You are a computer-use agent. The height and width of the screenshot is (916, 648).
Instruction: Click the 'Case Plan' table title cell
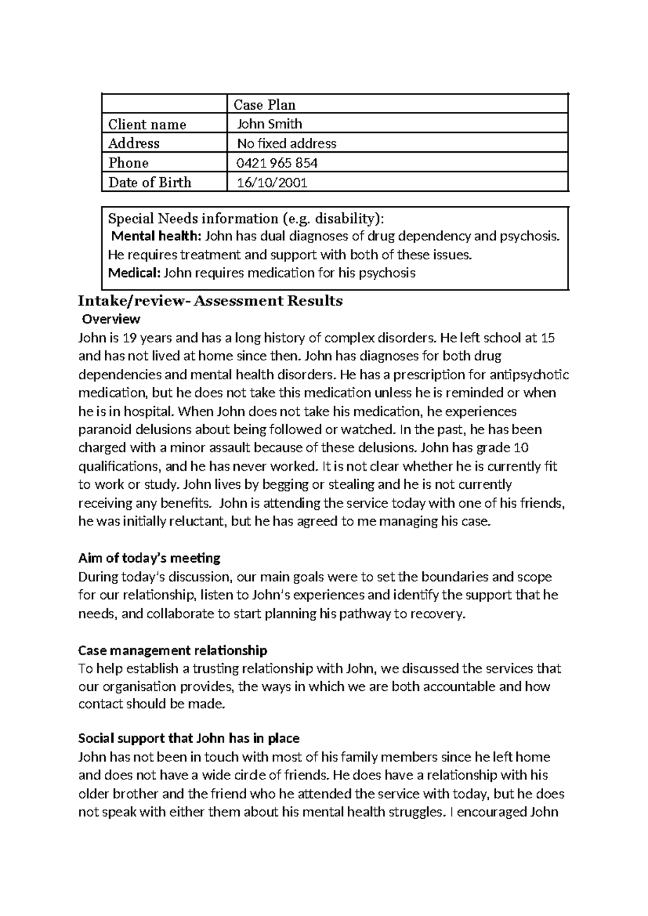[264, 105]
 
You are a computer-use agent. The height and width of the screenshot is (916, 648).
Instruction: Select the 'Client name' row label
[147, 124]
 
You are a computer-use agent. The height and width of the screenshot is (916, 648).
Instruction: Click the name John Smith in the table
[269, 124]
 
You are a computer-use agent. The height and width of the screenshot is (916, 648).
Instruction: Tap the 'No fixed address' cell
[287, 143]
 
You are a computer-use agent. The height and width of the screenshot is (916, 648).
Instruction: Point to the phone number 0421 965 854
[277, 163]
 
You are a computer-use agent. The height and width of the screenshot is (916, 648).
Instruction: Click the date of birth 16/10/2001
[272, 183]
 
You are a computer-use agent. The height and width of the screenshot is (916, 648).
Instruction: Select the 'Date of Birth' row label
[150, 183]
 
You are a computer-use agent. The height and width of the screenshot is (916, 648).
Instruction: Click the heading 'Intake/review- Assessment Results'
[211, 301]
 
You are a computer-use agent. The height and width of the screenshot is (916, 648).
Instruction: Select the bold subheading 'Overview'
[111, 319]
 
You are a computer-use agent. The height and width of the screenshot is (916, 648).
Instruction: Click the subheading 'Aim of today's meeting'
[149, 557]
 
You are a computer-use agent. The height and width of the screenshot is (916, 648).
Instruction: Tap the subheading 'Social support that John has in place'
[188, 738]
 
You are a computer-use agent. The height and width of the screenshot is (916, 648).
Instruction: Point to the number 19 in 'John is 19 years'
[130, 338]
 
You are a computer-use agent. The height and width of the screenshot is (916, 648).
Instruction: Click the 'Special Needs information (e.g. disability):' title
[247, 218]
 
